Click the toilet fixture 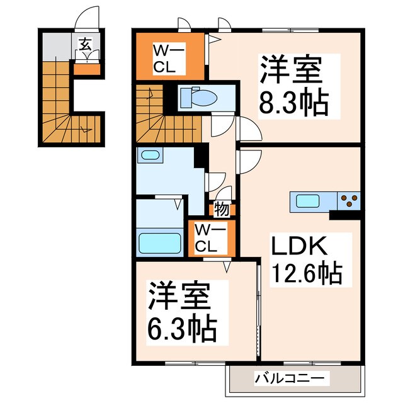197,98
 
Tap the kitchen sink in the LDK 309,201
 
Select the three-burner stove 349,201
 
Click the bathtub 159,242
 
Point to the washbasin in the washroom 150,156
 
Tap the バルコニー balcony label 290,378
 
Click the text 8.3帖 293,103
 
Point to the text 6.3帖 183,327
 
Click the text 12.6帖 307,273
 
